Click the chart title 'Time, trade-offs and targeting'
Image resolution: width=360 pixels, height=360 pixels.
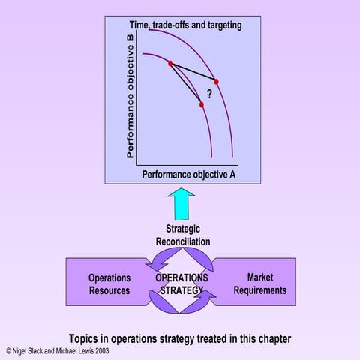click(x=185, y=25)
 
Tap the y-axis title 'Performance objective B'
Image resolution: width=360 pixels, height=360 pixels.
click(x=130, y=97)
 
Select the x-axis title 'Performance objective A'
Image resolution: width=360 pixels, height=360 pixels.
click(x=189, y=175)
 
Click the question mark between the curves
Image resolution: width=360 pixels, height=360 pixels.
click(x=209, y=94)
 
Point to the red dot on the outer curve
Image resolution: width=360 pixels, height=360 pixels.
click(x=217, y=82)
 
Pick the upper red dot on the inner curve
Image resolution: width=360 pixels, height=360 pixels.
click(x=170, y=64)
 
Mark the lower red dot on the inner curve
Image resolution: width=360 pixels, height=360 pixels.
click(x=202, y=104)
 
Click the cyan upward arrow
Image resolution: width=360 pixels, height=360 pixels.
click(x=181, y=204)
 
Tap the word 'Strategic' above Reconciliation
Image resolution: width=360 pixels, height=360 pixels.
click(x=183, y=229)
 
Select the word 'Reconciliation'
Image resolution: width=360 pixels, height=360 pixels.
click(x=183, y=241)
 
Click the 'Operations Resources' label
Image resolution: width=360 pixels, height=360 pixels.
click(x=109, y=284)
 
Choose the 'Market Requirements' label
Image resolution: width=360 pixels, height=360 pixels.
click(x=260, y=283)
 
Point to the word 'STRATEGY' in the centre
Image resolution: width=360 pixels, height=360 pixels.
click(x=181, y=290)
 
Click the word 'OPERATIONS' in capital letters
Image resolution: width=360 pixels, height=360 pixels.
click(x=181, y=277)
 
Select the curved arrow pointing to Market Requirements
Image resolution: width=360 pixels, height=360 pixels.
click(x=197, y=304)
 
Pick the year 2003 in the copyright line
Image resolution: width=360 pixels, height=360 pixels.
click(x=102, y=351)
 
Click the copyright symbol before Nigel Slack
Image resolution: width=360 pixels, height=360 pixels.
click(x=9, y=351)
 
